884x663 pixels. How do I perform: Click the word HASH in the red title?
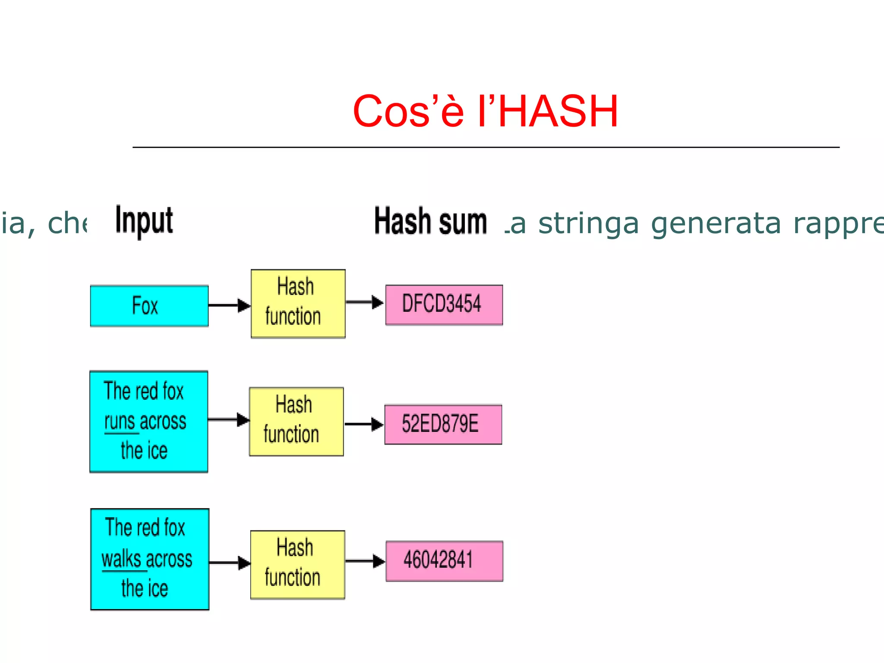point(558,111)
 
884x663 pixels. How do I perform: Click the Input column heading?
point(144,221)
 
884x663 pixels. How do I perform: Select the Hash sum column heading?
point(430,221)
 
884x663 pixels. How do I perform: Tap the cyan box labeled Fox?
point(149,306)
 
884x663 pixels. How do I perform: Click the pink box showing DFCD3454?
point(444,304)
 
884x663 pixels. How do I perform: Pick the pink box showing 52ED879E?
point(443,424)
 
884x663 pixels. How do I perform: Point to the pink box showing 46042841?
point(444,561)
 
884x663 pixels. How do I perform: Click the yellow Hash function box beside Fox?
point(298,303)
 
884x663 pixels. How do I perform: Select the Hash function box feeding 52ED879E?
point(296,421)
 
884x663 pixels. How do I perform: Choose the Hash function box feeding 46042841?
point(297,565)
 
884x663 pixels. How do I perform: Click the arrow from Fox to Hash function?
point(229,305)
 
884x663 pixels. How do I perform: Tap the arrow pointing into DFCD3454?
point(365,302)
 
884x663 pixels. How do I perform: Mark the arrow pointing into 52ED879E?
point(364,424)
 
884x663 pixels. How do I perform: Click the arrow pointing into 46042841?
point(365,561)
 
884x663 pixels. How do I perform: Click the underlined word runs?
point(120,422)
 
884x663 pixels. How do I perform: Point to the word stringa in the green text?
point(588,224)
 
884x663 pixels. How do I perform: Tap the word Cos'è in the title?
point(408,111)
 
